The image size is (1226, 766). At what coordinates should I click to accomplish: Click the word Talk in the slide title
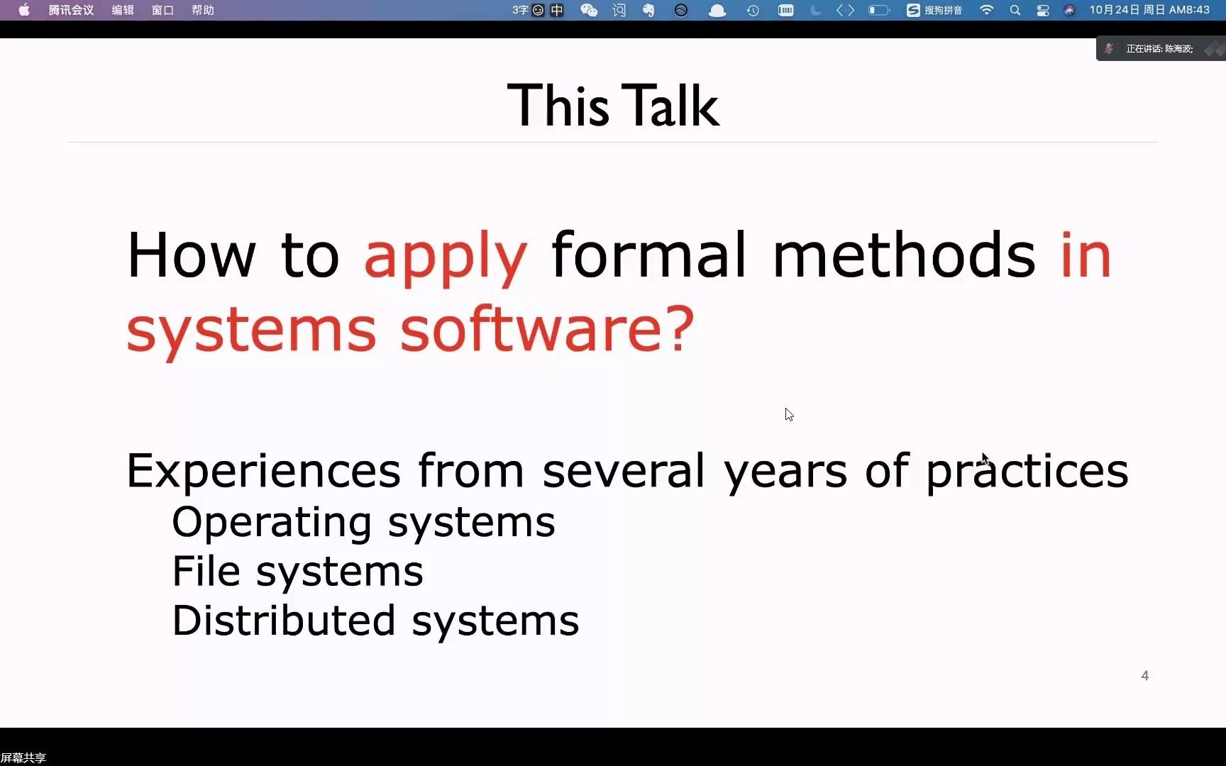(x=670, y=106)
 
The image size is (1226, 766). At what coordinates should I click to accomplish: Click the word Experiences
(x=263, y=471)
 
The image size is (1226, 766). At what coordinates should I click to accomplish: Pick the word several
(x=624, y=470)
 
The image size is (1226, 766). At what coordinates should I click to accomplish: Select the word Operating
(x=272, y=523)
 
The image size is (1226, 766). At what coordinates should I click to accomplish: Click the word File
(x=206, y=571)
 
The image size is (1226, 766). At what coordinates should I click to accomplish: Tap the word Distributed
(x=284, y=620)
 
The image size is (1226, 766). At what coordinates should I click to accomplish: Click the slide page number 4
(x=1144, y=676)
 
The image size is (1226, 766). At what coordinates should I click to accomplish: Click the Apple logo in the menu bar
(x=24, y=10)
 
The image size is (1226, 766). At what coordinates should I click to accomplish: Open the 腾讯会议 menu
(x=71, y=10)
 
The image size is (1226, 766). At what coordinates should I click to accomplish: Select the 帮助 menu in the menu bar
(x=203, y=10)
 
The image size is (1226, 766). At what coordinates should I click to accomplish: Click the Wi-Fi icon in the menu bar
(x=986, y=10)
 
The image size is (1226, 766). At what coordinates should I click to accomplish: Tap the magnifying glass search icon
(x=1015, y=10)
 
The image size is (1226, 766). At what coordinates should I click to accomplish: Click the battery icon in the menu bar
(x=878, y=10)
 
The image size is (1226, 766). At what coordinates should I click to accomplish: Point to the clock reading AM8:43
(x=1189, y=10)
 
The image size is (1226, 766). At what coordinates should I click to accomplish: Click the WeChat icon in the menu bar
(x=589, y=10)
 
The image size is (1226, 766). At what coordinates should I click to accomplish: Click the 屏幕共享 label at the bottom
(x=23, y=758)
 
